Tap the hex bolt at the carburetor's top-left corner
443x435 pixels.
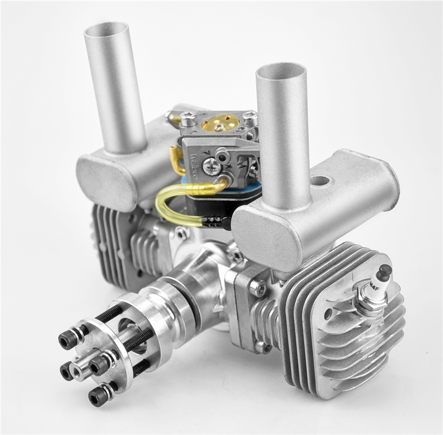coord(188,118)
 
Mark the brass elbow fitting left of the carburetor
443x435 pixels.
coord(177,161)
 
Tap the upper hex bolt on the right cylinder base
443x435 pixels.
coord(256,287)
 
